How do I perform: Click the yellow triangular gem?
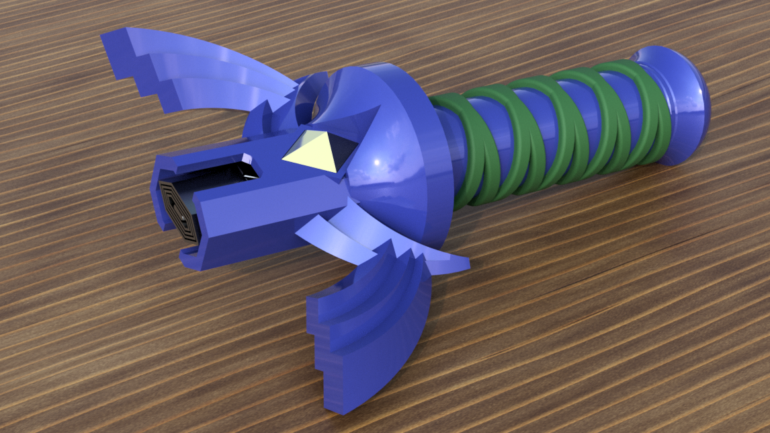click(x=310, y=150)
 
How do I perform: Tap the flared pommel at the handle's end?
click(x=679, y=101)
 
